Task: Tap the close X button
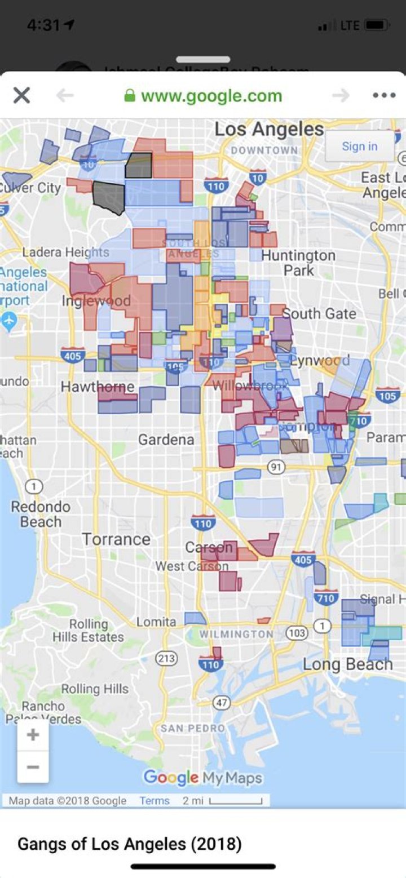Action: click(21, 96)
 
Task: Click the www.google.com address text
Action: click(211, 96)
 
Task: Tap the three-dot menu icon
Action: click(384, 96)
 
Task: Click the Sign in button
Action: click(359, 147)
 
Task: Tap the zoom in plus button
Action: click(33, 735)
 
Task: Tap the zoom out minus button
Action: click(33, 767)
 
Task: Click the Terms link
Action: click(155, 801)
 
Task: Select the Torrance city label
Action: click(117, 539)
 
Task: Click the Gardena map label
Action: click(166, 440)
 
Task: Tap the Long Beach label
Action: click(347, 664)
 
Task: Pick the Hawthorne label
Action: click(98, 387)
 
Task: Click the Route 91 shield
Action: click(276, 467)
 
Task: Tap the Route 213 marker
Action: click(166, 658)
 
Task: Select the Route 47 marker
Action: click(222, 703)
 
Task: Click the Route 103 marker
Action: click(297, 633)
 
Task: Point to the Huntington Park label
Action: click(298, 263)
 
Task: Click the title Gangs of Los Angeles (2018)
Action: click(130, 844)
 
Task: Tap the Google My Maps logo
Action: click(203, 778)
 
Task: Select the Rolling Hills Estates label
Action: click(88, 631)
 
